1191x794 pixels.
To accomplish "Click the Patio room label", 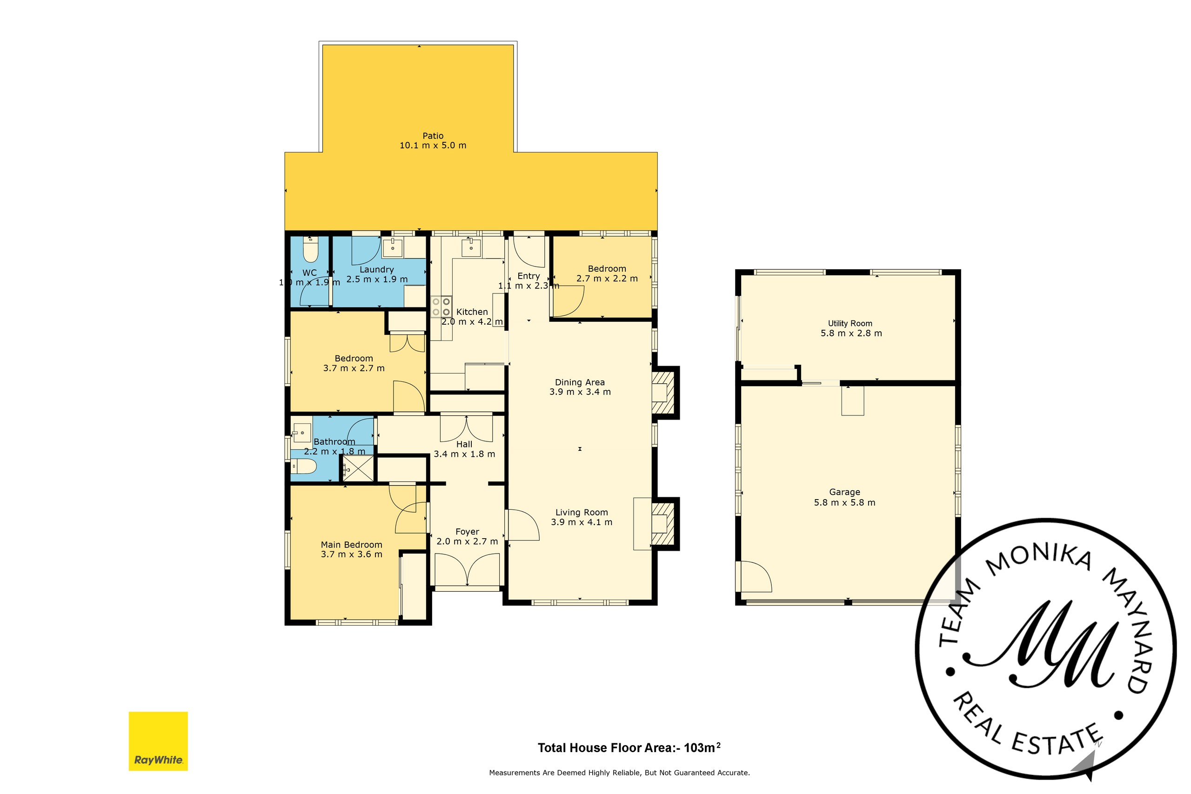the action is (433, 136).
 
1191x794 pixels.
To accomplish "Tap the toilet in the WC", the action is (309, 249).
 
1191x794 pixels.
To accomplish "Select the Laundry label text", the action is (376, 270).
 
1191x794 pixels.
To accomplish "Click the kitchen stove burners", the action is (441, 307).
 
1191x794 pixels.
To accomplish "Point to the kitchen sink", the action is (471, 247).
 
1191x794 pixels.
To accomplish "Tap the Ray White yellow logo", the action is (158, 741).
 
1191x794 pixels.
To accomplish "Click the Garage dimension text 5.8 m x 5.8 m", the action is (845, 502).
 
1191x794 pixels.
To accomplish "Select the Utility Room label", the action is (850, 324).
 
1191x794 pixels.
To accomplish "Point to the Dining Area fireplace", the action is (663, 393).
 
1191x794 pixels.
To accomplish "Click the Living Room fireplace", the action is (663, 524).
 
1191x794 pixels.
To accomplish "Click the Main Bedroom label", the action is (351, 545).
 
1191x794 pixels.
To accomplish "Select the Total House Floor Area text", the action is (629, 747).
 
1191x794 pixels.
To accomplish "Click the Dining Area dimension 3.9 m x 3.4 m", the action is (580, 392).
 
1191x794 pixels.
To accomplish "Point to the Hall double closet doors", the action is (466, 428).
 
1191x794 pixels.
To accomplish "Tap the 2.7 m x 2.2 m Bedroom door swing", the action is (568, 302).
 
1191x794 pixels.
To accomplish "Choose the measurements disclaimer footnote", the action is (619, 773).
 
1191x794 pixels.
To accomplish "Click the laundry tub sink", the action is (393, 248).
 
